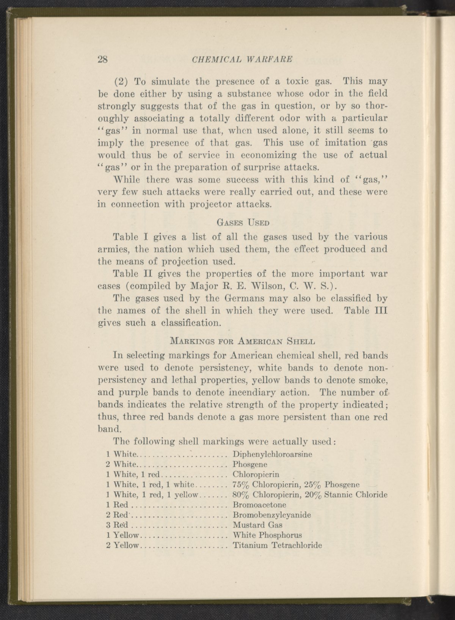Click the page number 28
103,59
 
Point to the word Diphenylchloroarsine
272,454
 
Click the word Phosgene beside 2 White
250,464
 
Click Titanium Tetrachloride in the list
277,545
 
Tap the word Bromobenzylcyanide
271,515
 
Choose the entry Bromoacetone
259,505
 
